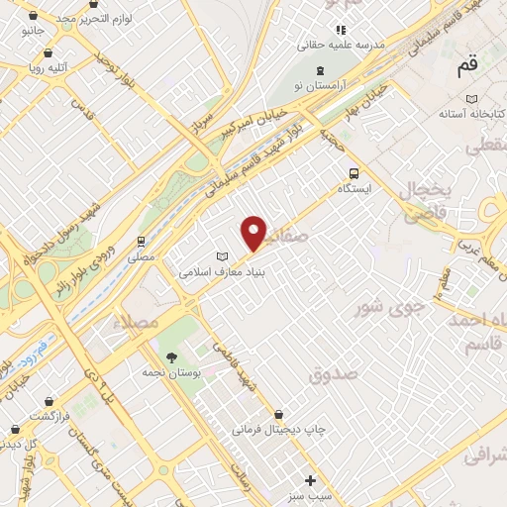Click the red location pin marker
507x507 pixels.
point(254,233)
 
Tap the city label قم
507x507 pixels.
point(466,68)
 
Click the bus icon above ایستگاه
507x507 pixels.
point(354,171)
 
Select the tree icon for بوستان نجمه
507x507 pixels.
point(172,355)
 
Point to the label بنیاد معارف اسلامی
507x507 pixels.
point(222,270)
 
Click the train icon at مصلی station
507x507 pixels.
point(143,241)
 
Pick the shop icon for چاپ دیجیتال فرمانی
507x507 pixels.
point(278,414)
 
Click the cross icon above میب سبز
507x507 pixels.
point(311,479)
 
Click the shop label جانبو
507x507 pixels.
point(33,31)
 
